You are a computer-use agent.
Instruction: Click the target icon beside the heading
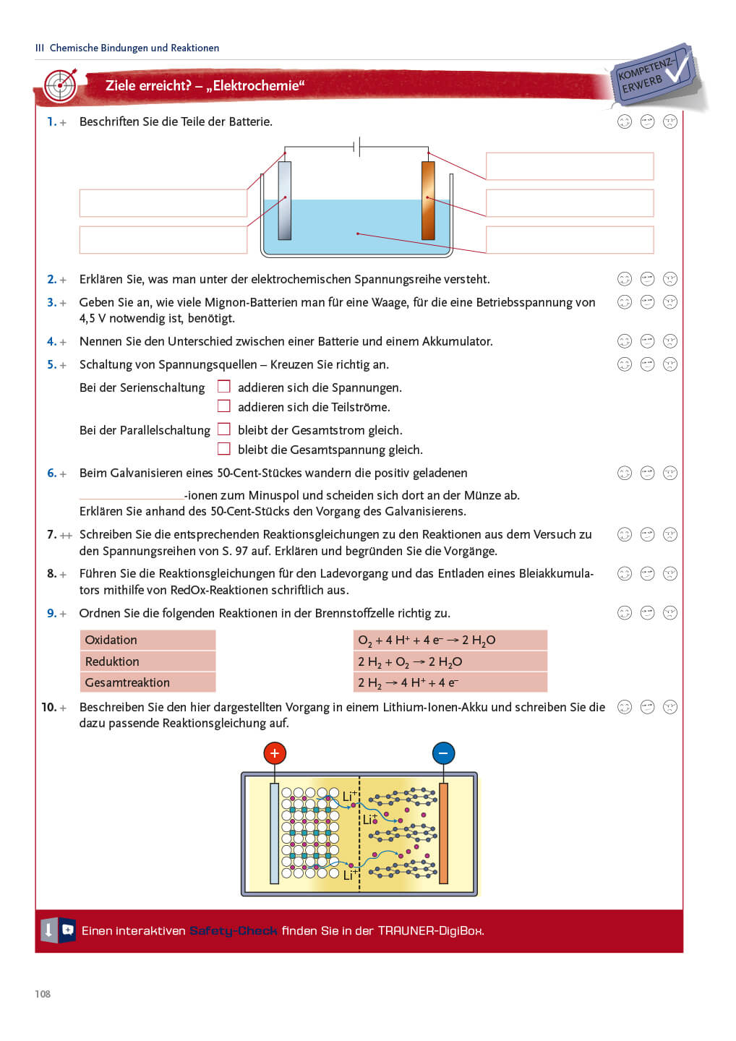61,86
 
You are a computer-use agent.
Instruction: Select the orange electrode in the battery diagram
428,200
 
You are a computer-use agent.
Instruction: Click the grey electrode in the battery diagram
285,200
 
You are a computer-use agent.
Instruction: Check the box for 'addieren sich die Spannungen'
224,387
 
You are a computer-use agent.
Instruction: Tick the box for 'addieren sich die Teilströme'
224,406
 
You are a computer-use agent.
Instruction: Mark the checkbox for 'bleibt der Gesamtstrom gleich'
224,429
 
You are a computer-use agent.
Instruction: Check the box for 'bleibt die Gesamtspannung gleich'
224,449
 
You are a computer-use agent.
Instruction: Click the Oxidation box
147,640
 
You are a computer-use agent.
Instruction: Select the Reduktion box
147,661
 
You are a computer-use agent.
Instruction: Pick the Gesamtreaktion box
147,682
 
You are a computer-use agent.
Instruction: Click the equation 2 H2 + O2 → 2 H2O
450,661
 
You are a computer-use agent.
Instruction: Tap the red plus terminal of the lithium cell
275,753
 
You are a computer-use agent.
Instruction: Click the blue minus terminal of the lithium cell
443,753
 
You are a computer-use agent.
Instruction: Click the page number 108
43,994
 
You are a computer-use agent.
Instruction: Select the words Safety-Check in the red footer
234,931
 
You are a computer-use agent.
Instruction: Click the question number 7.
51,535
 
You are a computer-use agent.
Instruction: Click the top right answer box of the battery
570,166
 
